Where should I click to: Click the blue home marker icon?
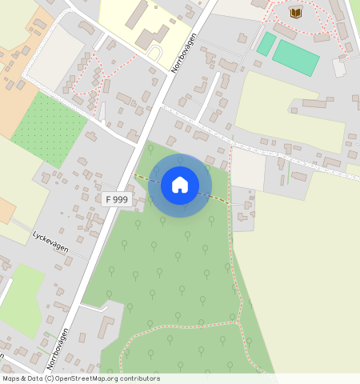click(x=180, y=185)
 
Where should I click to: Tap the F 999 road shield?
click(x=116, y=198)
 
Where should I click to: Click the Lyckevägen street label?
click(x=50, y=242)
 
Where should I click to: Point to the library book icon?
click(x=296, y=13)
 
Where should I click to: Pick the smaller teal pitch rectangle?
click(x=266, y=43)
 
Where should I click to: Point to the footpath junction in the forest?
click(x=238, y=322)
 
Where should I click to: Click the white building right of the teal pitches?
click(x=339, y=68)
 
